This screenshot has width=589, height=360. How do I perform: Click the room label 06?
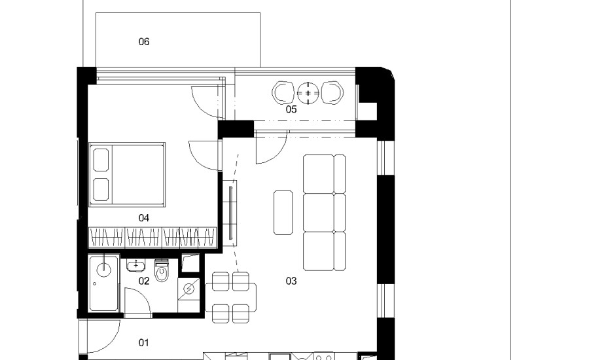144,42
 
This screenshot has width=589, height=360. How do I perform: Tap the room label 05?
291,109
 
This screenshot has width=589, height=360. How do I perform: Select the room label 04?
144,218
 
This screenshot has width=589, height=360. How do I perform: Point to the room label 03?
291,281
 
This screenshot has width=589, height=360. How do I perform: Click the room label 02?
144,281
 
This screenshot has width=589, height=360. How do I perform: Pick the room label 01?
144,343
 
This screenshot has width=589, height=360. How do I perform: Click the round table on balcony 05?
308,93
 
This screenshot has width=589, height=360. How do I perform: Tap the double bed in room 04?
128,175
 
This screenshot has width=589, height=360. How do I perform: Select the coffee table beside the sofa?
283,213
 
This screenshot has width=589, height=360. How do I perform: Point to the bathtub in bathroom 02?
103,283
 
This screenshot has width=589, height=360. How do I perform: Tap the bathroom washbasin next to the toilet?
135,265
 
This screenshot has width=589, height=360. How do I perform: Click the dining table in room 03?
230,297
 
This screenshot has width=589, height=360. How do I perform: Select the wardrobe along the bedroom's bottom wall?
152,237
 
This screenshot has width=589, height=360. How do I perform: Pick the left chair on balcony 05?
283,93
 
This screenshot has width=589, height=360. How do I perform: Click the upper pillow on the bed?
101,160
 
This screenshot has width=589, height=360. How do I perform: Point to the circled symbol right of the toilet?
189,289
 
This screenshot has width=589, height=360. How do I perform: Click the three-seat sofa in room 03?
324,213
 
